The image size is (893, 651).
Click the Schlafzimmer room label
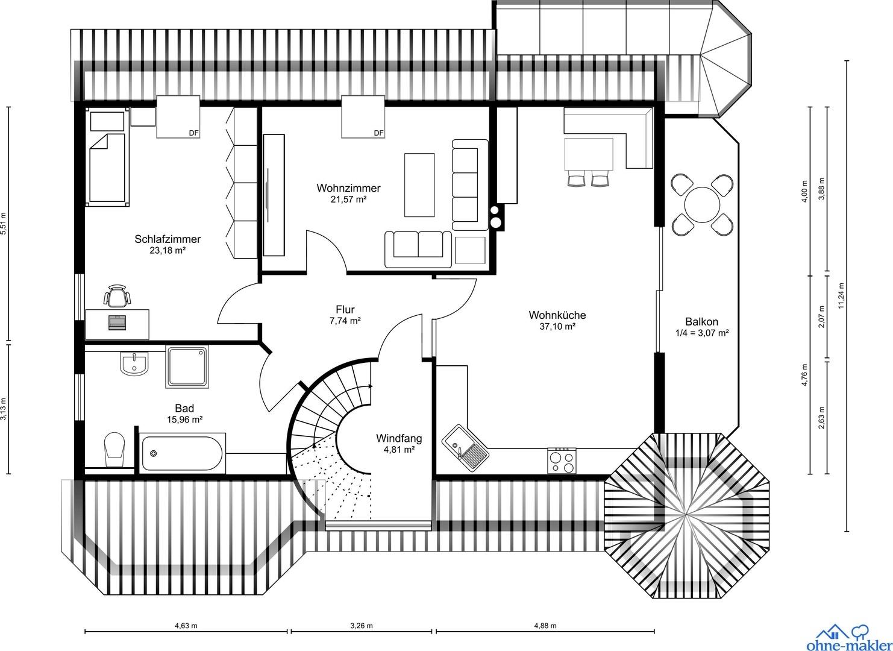pos(168,239)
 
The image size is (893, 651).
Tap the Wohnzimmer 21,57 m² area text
pos(348,200)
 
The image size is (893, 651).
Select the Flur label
pos(345,310)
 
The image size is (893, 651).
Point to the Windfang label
pos(399,438)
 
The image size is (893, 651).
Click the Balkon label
pos(701,321)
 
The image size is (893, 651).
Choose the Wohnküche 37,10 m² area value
pos(557,326)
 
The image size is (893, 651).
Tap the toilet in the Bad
pos(114,449)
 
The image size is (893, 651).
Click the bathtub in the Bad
pos(182,453)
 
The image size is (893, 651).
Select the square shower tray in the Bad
pos(187,367)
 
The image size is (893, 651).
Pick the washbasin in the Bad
pos(134,363)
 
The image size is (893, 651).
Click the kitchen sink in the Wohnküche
pos(465,447)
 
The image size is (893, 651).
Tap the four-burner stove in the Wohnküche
pos(562,461)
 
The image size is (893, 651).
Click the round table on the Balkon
pos(702,205)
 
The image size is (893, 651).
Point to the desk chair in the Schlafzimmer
pos(117,296)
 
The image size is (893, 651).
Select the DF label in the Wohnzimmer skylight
pos(379,133)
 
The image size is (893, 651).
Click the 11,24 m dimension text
pos(842,295)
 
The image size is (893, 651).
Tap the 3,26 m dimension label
pos(362,626)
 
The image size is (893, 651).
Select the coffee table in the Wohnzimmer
pos(419,185)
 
